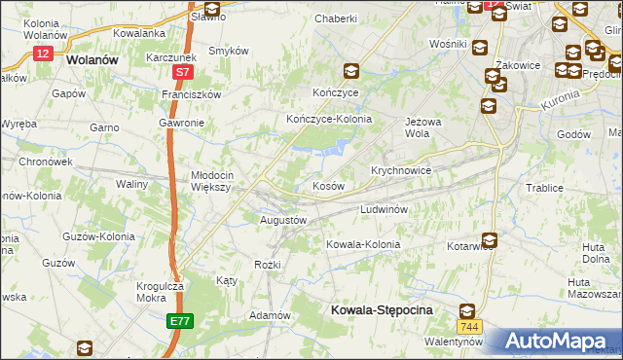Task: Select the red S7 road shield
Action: click(x=183, y=72)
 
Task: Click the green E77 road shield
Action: click(x=179, y=320)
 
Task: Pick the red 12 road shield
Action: click(x=42, y=54)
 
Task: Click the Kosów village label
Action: click(x=327, y=185)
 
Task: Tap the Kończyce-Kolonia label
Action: click(x=329, y=119)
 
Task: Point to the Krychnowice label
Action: click(x=401, y=169)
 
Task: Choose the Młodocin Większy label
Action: click(x=209, y=181)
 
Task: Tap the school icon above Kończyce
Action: click(x=350, y=70)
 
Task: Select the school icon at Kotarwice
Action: click(x=489, y=238)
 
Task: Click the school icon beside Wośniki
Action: click(x=479, y=47)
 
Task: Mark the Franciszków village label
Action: click(x=192, y=94)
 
